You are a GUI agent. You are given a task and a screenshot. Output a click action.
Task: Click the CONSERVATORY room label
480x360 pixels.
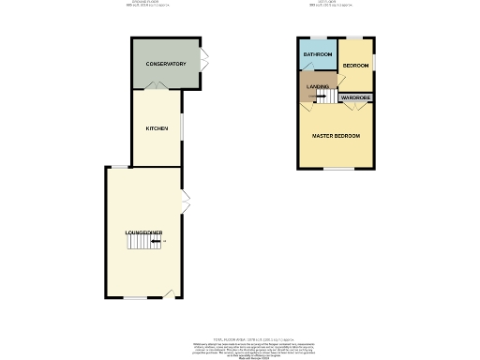coord(165,64)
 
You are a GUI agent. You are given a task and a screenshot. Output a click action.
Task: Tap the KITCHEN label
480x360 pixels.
coord(156,128)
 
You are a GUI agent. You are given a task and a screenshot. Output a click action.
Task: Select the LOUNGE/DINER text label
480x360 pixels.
coord(144,232)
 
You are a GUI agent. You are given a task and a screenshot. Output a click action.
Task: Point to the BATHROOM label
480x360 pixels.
coord(317,55)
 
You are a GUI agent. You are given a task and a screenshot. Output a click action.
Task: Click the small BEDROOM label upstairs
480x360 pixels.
coord(355,65)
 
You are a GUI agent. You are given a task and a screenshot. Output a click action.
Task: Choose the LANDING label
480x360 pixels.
coord(317,86)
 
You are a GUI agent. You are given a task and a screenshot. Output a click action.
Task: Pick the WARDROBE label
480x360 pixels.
coord(355,97)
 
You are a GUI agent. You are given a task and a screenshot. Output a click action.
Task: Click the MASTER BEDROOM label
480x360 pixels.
coord(336,137)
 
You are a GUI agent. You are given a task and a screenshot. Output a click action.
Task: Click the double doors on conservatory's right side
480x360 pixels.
coord(203,64)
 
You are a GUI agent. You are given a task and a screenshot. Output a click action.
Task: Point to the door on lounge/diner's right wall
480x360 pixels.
coord(186,200)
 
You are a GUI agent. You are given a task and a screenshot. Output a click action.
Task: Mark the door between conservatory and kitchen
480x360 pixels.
coord(157,86)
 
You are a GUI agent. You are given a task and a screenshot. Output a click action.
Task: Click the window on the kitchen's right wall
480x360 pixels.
coord(182,126)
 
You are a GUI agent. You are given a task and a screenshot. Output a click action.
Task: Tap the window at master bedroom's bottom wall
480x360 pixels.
coord(337,169)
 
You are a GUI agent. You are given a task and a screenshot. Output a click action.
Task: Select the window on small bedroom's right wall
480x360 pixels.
coord(374,62)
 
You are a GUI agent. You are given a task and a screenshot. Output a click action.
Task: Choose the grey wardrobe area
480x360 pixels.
coord(356,97)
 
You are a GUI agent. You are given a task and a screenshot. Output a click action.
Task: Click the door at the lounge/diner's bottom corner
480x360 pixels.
coord(170,293)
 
